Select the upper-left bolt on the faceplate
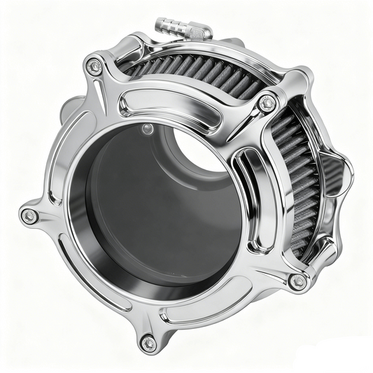(x=93, y=66)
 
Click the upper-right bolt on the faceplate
(x=265, y=104)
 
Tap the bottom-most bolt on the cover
(x=148, y=342)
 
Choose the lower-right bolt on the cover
(x=298, y=281)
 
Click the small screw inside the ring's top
(x=147, y=128)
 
